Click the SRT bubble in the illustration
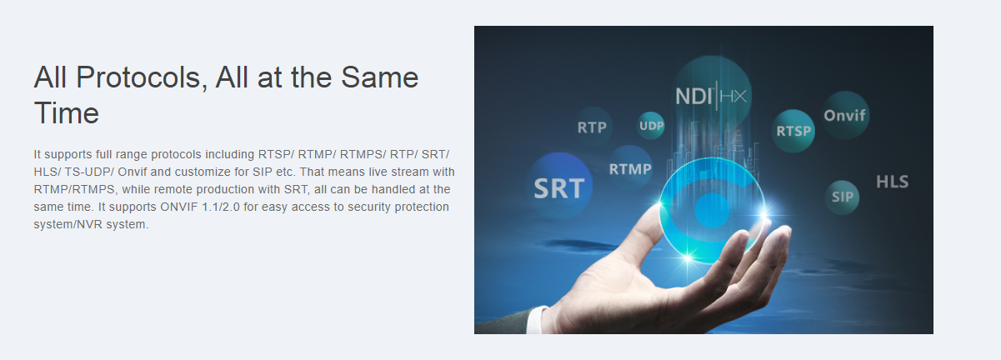[x=559, y=186]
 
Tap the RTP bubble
[x=592, y=127]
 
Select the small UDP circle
[x=651, y=126]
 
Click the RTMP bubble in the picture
[x=630, y=168]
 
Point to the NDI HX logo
[x=710, y=96]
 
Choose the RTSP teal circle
[x=793, y=131]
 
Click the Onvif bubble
[x=845, y=115]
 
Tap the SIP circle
[x=842, y=197]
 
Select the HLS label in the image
[x=893, y=182]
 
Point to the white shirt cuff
[x=536, y=320]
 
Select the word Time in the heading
[x=66, y=113]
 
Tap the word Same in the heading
[x=379, y=77]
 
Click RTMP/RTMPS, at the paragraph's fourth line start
[x=76, y=189]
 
